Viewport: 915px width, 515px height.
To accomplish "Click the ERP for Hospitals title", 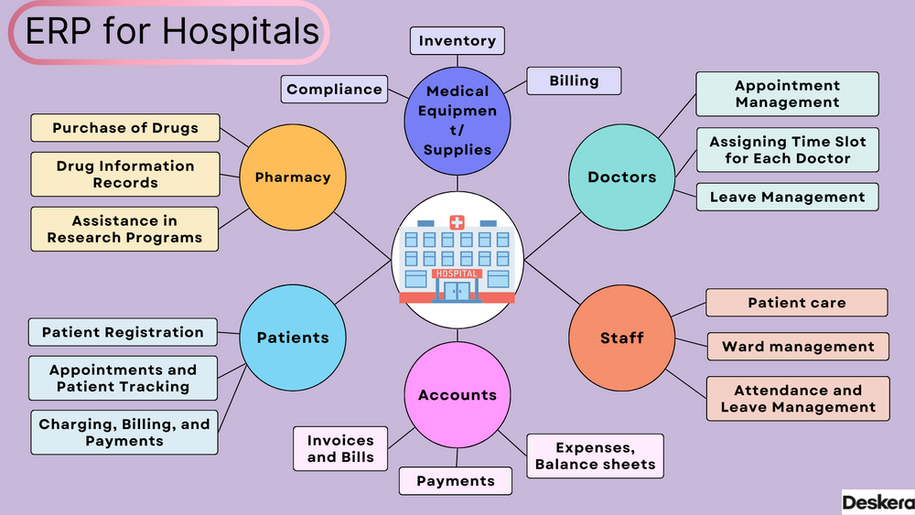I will pos(171,32).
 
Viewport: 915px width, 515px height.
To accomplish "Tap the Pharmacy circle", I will pos(293,177).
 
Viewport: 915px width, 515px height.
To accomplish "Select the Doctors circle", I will pos(622,177).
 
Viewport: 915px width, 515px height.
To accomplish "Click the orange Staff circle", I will pos(622,338).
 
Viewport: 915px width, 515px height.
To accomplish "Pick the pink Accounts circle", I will pos(457,395).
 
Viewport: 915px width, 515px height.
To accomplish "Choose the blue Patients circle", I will pos(293,338).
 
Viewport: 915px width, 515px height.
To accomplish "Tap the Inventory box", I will pos(457,41).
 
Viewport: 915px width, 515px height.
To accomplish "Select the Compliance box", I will pos(334,90).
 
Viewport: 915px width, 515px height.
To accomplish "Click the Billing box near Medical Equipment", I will pos(574,80).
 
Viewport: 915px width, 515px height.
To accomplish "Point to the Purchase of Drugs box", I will pos(125,128).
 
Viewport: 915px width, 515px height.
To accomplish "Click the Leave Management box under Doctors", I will pos(787,197).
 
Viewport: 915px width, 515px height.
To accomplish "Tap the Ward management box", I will pos(798,347).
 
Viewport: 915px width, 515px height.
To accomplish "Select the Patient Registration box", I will pos(123,332).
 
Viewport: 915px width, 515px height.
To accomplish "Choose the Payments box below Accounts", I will pos(455,481).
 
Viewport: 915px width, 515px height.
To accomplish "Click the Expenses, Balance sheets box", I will pos(595,456).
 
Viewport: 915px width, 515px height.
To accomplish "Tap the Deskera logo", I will pos(877,502).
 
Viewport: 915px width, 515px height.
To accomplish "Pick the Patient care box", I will pos(797,303).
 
